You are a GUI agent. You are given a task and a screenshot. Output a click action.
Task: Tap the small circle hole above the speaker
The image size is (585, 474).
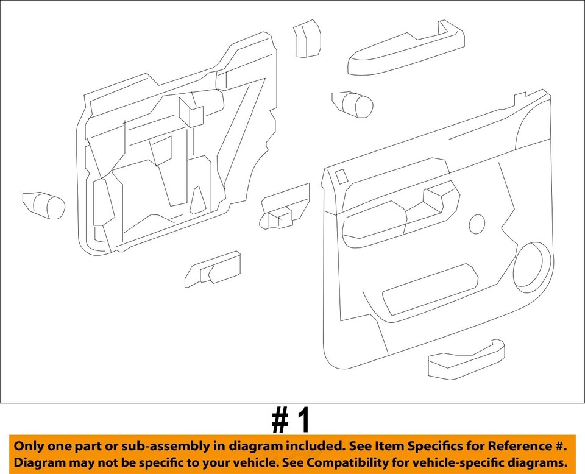477,224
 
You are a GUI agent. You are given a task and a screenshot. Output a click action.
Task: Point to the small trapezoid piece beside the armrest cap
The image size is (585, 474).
307,38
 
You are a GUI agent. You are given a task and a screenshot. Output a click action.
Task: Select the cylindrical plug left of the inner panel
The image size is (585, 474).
44,205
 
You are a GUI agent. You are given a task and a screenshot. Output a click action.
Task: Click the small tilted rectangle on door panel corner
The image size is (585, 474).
342,176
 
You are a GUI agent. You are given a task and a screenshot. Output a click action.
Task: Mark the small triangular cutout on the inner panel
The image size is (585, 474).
197,200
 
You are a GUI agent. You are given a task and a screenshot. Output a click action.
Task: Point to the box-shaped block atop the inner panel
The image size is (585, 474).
191,111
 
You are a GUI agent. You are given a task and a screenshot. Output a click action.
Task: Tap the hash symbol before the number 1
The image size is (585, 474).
280,420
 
